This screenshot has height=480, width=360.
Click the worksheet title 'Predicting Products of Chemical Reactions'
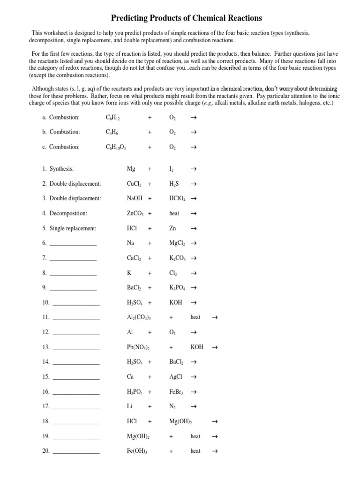click(x=186, y=18)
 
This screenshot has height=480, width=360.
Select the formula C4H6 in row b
click(x=112, y=132)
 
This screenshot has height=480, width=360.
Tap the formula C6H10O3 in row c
click(x=116, y=147)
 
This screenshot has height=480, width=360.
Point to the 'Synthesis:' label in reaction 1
click(x=61, y=169)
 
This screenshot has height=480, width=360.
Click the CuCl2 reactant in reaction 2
click(x=135, y=184)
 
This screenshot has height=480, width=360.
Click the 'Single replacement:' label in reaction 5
click(x=73, y=228)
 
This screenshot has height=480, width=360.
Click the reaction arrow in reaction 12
click(x=194, y=332)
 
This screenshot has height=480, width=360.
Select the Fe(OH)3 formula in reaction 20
click(x=137, y=451)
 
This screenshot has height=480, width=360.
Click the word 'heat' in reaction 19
click(x=195, y=436)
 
